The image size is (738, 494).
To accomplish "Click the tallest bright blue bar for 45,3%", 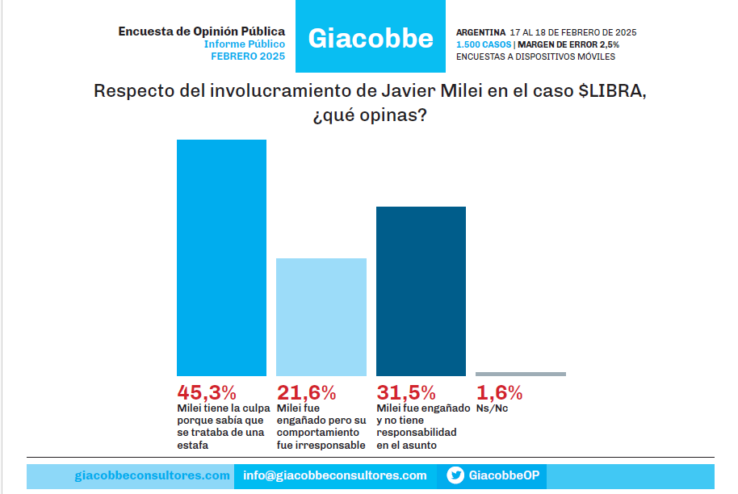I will pos(221,257).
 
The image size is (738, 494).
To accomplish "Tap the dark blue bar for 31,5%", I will pos(421,291).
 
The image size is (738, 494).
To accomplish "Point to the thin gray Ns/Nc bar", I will pos(521,374).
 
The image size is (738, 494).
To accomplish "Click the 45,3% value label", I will pos(207,393).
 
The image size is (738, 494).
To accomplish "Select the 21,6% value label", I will pos(306,393).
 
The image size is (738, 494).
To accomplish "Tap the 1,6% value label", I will pos(500,393).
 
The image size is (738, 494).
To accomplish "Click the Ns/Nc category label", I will pos(493,409).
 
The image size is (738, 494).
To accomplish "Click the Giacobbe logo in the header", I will pos(371,38).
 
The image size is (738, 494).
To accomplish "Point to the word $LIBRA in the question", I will pos(611,90).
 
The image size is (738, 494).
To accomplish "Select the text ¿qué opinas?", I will pos(369,115).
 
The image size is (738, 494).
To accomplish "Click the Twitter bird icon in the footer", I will pos(455,475).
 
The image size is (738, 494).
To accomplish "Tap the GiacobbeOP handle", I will pos(504,475).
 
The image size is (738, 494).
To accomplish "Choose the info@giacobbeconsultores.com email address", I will pos(335,475).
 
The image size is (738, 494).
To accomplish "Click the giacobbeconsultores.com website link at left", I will pos(152,475).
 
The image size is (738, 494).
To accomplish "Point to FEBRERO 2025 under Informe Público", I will pos(248,57).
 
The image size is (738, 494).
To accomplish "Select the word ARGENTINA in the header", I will pos(481,32).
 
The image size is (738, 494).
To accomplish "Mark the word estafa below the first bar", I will pos(193,445).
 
